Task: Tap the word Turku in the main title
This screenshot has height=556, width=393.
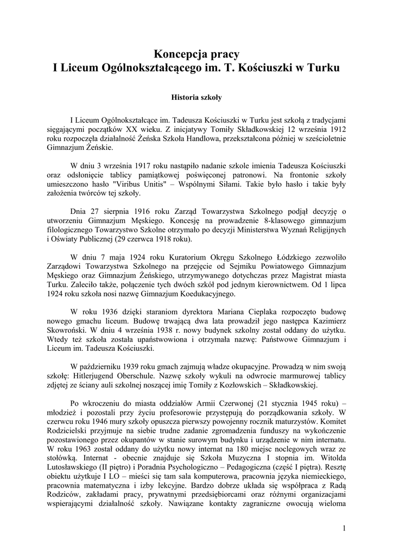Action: pos(325,69)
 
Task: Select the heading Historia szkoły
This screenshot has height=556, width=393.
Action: pos(196,99)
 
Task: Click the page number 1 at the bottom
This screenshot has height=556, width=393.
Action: pos(345,528)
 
